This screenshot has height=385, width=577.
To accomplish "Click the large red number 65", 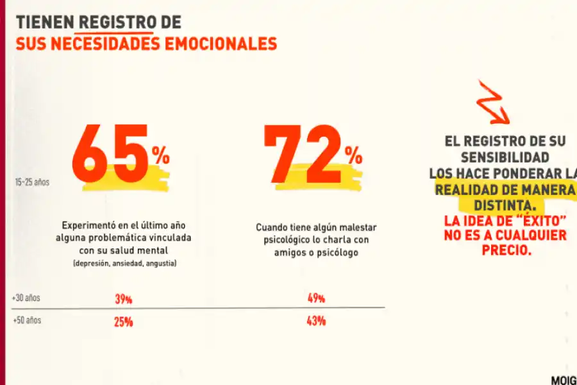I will [x=110, y=154].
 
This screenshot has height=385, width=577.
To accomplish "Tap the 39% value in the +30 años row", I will [x=123, y=299].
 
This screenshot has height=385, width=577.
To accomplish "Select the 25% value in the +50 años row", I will [x=123, y=321].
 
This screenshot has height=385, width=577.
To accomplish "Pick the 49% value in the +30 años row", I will [x=315, y=298].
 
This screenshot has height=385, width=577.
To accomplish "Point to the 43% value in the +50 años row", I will [x=315, y=321].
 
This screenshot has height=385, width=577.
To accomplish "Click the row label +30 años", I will [x=26, y=298].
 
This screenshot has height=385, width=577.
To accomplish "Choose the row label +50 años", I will [x=26, y=320].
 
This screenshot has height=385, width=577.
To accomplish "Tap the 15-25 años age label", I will [x=32, y=182].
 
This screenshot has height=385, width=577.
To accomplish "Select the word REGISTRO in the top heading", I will [x=116, y=22].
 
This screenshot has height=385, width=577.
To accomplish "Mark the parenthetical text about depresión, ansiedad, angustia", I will [x=124, y=264].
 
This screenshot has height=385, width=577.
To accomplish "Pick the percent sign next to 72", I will [x=353, y=155].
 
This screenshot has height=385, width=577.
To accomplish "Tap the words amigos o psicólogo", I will [x=316, y=253].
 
